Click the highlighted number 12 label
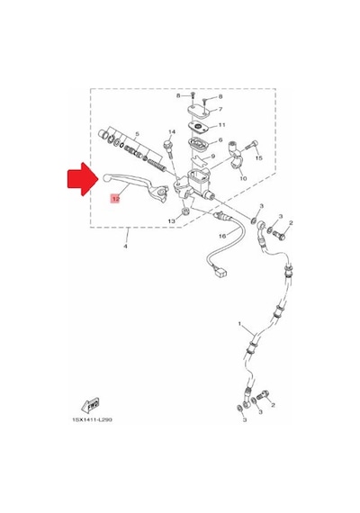click(x=115, y=199)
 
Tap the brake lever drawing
click(x=135, y=185)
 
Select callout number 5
click(x=137, y=134)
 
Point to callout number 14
click(x=172, y=131)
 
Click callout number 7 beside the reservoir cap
click(x=220, y=109)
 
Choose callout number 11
click(x=222, y=125)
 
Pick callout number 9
click(x=212, y=157)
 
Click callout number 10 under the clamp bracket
click(x=243, y=178)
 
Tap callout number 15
click(x=259, y=158)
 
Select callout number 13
click(x=172, y=221)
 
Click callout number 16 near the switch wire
click(x=222, y=236)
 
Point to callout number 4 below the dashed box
click(x=125, y=246)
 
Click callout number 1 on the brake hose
click(x=239, y=324)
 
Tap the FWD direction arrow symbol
click(x=90, y=405)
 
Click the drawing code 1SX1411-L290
click(x=92, y=419)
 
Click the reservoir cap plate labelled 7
click(x=199, y=110)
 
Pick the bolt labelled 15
click(x=251, y=145)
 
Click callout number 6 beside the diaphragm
click(x=220, y=140)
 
